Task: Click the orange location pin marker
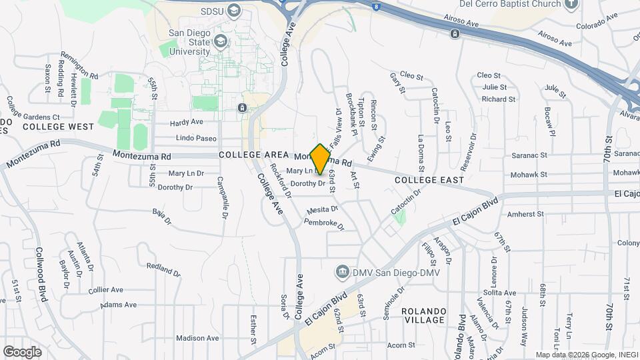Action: (321, 158)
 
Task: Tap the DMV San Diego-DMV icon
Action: (342, 271)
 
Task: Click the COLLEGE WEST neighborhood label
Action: (58, 126)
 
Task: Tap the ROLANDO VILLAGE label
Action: (423, 315)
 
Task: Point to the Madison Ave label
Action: (198, 338)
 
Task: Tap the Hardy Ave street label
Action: (186, 122)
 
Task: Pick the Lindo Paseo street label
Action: (197, 138)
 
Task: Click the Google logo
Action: (22, 351)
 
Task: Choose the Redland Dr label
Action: (163, 269)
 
